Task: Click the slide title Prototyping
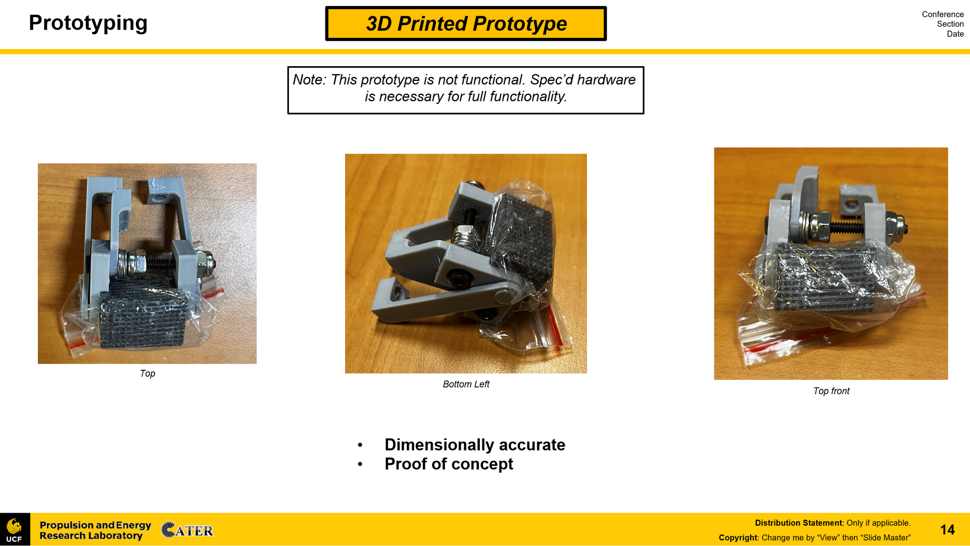click(88, 23)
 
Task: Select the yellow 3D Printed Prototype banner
click(466, 24)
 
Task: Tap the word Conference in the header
click(942, 14)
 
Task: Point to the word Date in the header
click(955, 34)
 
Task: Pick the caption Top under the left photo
click(148, 373)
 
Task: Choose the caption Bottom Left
click(466, 384)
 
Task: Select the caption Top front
click(831, 391)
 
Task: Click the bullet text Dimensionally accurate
click(475, 445)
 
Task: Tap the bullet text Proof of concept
click(449, 464)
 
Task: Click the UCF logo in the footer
click(15, 530)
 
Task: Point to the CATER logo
click(187, 530)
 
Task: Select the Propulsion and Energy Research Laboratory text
click(95, 530)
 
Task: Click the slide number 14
click(947, 530)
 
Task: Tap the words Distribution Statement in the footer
click(798, 523)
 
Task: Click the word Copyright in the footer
click(738, 538)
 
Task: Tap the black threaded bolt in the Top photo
click(161, 263)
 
